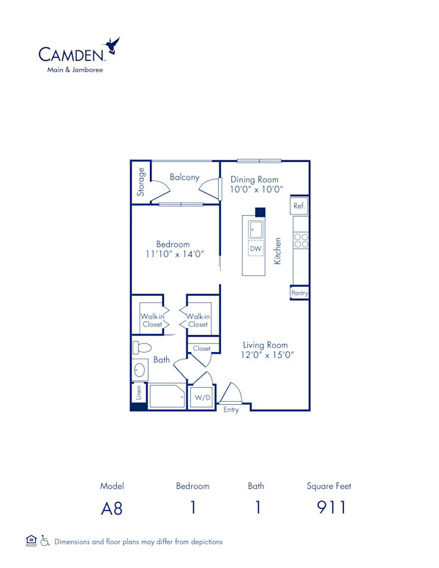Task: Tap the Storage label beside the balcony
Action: (x=140, y=183)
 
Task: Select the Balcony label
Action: (x=184, y=177)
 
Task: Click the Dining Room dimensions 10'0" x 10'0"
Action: (x=255, y=190)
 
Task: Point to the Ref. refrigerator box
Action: (x=299, y=206)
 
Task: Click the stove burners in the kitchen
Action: (x=301, y=240)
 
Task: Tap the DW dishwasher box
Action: (x=255, y=250)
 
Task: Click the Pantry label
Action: (x=299, y=293)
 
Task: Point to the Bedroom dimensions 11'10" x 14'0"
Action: (x=173, y=255)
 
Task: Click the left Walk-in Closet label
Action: (x=151, y=320)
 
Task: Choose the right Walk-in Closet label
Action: (x=198, y=320)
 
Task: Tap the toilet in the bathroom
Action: (x=142, y=348)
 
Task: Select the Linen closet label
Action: (x=138, y=392)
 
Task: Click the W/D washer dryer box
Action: (x=200, y=398)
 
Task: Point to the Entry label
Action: (x=231, y=410)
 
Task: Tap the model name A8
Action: (x=112, y=508)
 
